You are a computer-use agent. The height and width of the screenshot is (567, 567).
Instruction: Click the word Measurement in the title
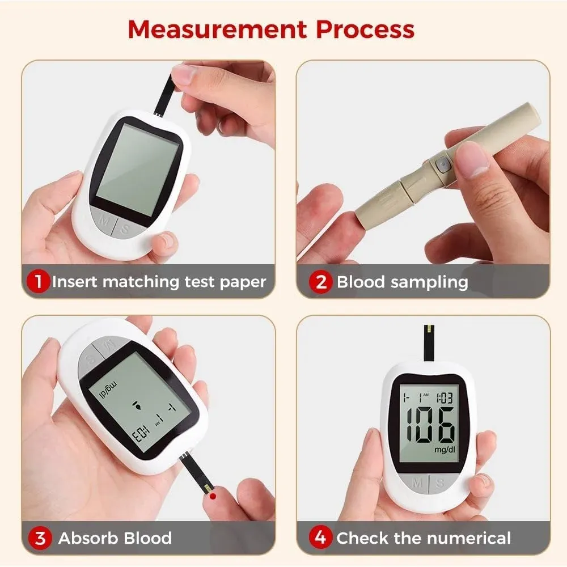pyautogui.click(x=218, y=29)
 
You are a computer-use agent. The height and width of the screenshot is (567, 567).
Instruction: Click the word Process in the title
pyautogui.click(x=365, y=29)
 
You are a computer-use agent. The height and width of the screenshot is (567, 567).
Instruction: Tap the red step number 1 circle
pyautogui.click(x=38, y=282)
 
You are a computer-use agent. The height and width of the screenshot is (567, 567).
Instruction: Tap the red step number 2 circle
pyautogui.click(x=321, y=282)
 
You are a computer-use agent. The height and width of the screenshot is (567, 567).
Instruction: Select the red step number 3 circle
pyautogui.click(x=40, y=538)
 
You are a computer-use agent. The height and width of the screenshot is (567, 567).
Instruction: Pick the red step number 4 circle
pyautogui.click(x=321, y=538)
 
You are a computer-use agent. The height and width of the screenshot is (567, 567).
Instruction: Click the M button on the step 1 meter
pyautogui.click(x=103, y=220)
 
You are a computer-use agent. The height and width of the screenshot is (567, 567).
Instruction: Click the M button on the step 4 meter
pyautogui.click(x=416, y=483)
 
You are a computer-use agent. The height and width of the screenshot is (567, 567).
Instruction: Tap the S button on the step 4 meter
pyautogui.click(x=441, y=483)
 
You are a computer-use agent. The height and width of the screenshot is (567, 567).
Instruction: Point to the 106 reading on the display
pyautogui.click(x=430, y=425)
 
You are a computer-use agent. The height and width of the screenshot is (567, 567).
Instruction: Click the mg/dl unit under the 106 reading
pyautogui.click(x=445, y=450)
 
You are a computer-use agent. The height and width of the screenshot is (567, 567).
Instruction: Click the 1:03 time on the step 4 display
pyautogui.click(x=445, y=398)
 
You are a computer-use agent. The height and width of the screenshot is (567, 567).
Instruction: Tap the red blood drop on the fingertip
pyautogui.click(x=213, y=496)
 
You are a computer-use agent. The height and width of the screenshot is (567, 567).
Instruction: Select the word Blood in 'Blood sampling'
pyautogui.click(x=361, y=282)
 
